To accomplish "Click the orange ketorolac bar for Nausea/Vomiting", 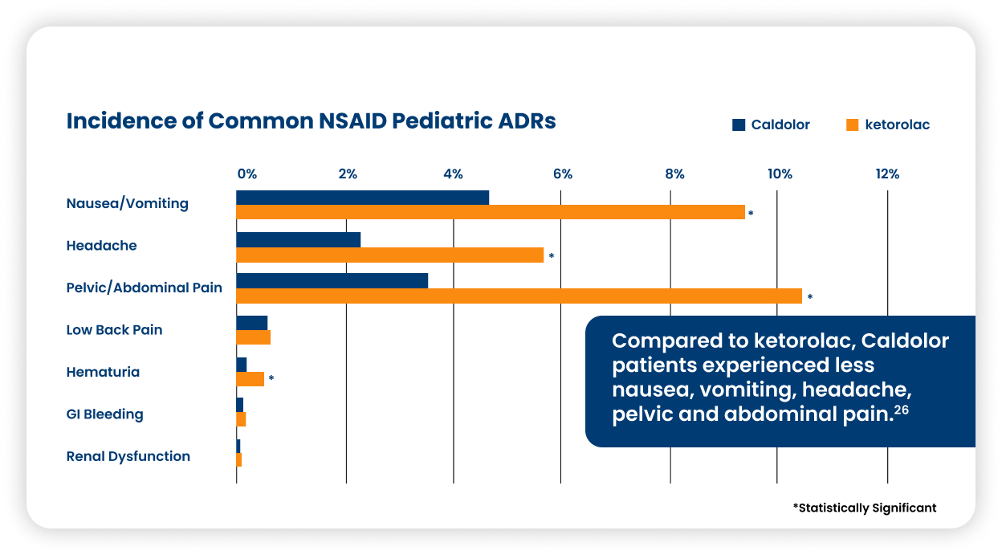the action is point(491,212).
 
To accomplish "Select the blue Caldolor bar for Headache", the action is point(299,240).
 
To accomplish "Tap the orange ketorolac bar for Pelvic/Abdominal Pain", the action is point(519,296).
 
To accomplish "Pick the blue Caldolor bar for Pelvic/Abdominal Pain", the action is point(332,280).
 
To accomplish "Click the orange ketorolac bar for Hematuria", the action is point(250,379).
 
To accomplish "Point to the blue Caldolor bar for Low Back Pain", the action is point(252,323).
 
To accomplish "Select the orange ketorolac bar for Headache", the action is point(389,255).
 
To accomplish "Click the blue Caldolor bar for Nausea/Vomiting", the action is point(362,198).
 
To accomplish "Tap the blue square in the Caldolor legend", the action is point(739,124).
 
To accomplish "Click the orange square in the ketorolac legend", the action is point(852,124).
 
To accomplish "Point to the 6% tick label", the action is point(563,174).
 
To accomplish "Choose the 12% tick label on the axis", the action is point(887,174).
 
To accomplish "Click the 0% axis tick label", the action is point(247,174).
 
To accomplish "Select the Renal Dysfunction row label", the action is point(128,456).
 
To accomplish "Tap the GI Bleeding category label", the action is point(104,414).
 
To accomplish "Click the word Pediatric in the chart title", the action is point(442,121).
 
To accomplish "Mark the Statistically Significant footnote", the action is point(865,508).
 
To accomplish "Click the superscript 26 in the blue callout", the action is point(902,410).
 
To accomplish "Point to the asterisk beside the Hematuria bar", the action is point(271,378).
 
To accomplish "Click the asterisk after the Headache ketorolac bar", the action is point(552,256).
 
